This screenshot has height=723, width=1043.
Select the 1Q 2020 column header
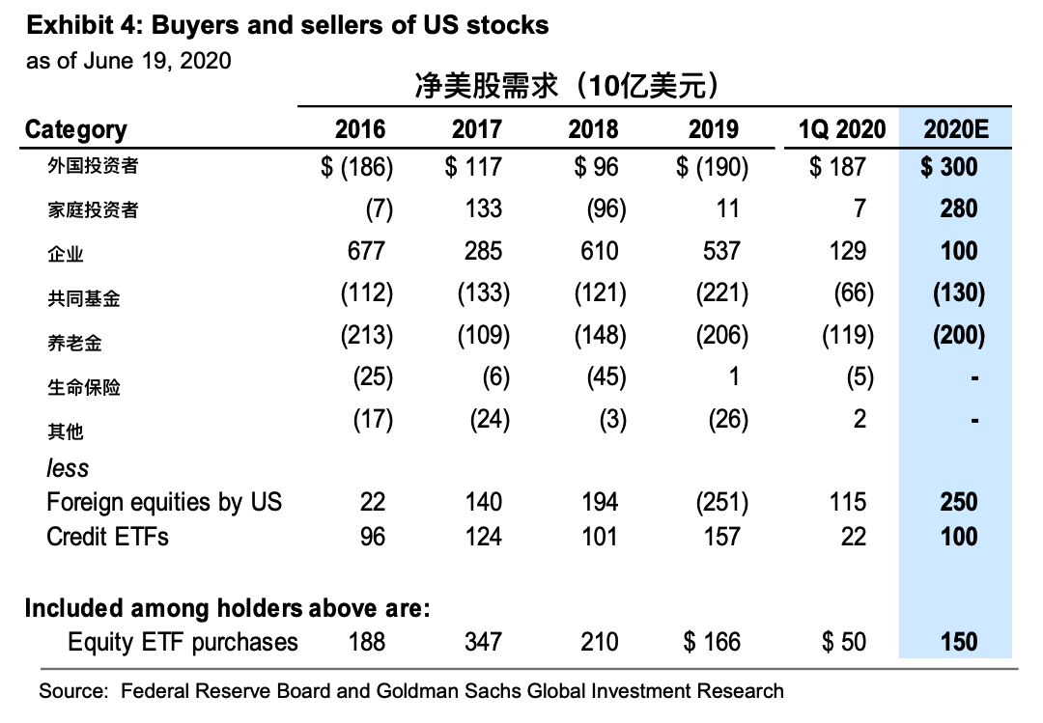click(x=842, y=129)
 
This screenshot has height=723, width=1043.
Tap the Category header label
click(x=75, y=129)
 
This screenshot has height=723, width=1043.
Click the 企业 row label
click(x=66, y=254)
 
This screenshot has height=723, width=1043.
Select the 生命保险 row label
click(x=84, y=386)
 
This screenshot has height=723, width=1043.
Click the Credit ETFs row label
click(x=107, y=536)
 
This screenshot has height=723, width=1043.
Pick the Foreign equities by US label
click(x=164, y=502)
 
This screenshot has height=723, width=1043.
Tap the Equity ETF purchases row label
click(x=183, y=642)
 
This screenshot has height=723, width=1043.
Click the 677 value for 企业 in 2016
click(x=366, y=251)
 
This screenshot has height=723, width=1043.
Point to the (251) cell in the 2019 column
click(x=721, y=502)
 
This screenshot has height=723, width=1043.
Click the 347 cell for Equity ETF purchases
click(x=483, y=642)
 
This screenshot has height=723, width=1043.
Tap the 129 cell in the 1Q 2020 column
click(x=847, y=251)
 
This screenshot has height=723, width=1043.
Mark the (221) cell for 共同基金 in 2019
click(x=721, y=293)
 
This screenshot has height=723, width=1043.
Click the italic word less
click(x=68, y=468)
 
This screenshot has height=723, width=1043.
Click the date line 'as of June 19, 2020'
click(x=128, y=60)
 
